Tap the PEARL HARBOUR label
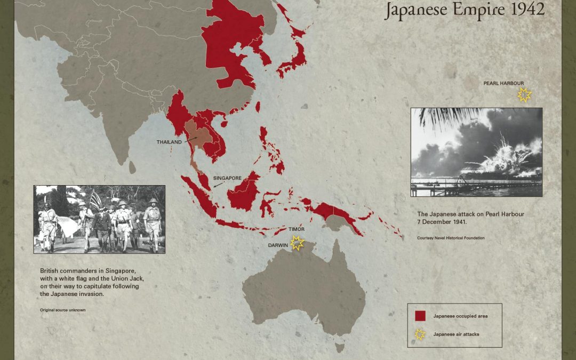point(503,84)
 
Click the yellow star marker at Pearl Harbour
point(524,95)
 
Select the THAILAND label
point(169,142)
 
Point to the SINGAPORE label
point(228,178)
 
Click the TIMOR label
point(297,229)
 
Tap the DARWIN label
point(278,246)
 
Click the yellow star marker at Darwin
point(297,243)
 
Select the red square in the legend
point(420,316)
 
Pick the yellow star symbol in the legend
point(420,334)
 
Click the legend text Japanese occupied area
point(460,316)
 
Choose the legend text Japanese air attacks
point(457,334)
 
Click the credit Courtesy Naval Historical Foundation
point(451,238)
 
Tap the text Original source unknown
point(62,310)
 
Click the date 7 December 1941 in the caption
point(442,221)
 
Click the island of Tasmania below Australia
point(339,348)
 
